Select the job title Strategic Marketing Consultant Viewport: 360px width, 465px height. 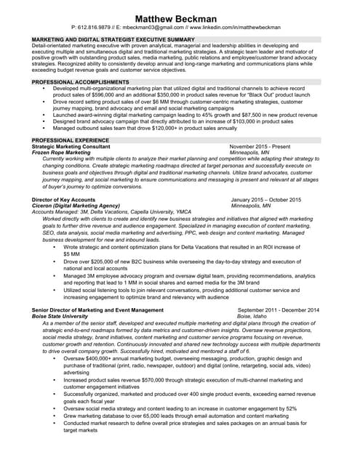[x=71, y=146]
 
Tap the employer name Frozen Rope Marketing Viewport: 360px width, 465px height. [x=62, y=153]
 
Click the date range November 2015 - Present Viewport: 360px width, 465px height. [x=260, y=146]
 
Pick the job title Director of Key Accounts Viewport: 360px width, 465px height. [x=64, y=199]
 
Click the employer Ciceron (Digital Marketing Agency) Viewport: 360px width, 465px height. [x=76, y=206]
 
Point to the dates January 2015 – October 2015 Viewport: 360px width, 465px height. [x=265, y=199]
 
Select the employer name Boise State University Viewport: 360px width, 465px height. [x=65, y=317]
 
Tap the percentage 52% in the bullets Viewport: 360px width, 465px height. [x=290, y=408]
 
